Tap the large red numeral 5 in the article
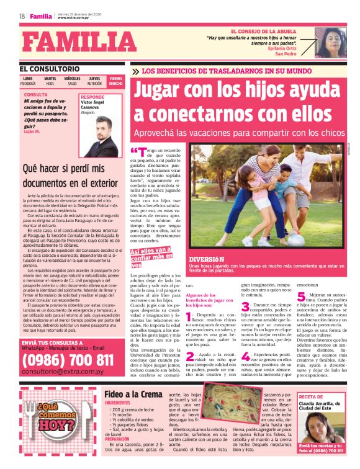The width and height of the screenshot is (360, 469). [x=301, y=297]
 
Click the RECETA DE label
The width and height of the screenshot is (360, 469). [x=311, y=396]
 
